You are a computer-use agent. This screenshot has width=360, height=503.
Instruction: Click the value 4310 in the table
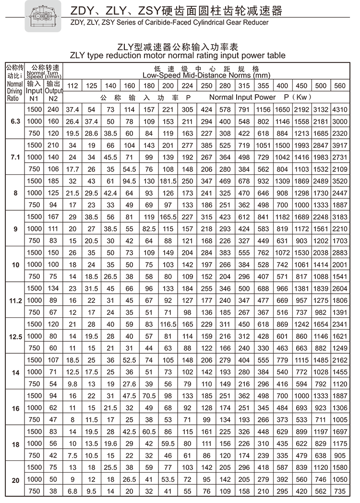pyautogui.click(x=339, y=110)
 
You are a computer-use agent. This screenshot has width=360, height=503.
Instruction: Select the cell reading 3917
pyautogui.click(x=339, y=145)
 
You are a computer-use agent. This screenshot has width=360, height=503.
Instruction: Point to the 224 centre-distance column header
pyautogui.click(x=188, y=86)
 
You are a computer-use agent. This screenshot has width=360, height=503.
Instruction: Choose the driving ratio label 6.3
pyautogui.click(x=15, y=121)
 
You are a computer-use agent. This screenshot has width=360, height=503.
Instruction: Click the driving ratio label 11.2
pyautogui.click(x=15, y=300)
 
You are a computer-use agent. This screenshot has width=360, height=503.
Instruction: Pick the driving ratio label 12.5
pyautogui.click(x=15, y=336)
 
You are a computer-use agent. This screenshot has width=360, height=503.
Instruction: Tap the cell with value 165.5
pyautogui.click(x=168, y=217)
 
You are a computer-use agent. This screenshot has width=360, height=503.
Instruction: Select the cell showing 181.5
pyautogui.click(x=168, y=181)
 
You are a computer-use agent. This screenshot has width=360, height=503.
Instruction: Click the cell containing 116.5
pyautogui.click(x=168, y=324)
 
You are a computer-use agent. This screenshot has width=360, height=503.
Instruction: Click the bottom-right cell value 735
pyautogui.click(x=339, y=491)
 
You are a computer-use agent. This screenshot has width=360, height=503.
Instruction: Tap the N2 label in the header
pyautogui.click(x=53, y=98)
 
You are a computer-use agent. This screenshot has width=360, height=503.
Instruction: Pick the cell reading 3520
pyautogui.click(x=339, y=181)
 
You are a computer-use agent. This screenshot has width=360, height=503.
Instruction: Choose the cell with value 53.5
pyautogui.click(x=168, y=479)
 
